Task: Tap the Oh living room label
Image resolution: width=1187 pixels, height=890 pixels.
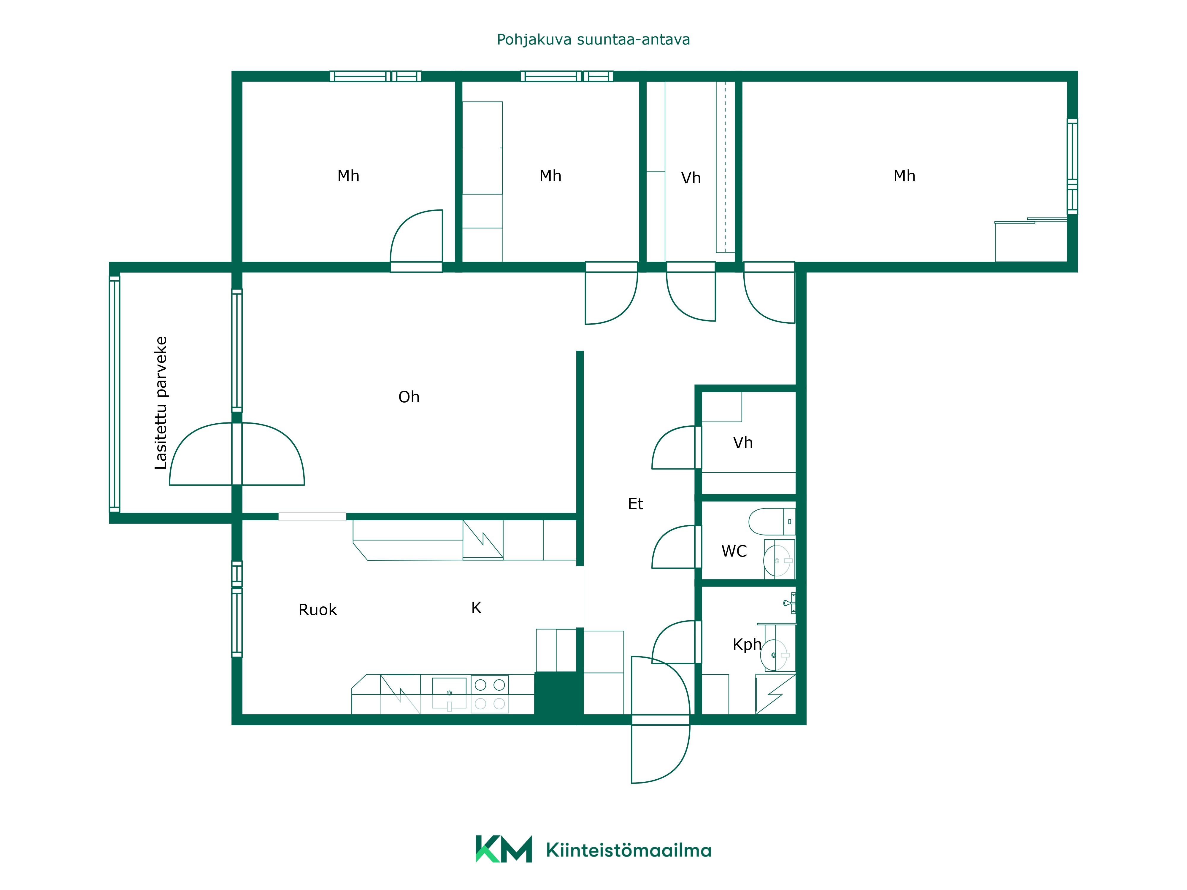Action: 409,397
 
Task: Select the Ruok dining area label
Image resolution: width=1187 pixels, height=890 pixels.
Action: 318,610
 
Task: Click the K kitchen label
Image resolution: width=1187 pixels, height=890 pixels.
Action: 476,608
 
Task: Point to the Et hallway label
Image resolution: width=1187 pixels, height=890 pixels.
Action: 635,504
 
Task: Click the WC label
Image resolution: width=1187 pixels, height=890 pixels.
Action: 734,552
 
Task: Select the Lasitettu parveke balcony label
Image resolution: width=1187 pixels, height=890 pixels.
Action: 161,403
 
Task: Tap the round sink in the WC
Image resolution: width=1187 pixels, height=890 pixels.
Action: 777,561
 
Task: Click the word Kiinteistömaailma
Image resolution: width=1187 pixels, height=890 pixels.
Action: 629,850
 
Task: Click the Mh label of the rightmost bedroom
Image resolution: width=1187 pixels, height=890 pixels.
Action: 904,176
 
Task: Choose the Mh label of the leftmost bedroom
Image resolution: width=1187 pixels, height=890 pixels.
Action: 348,176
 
